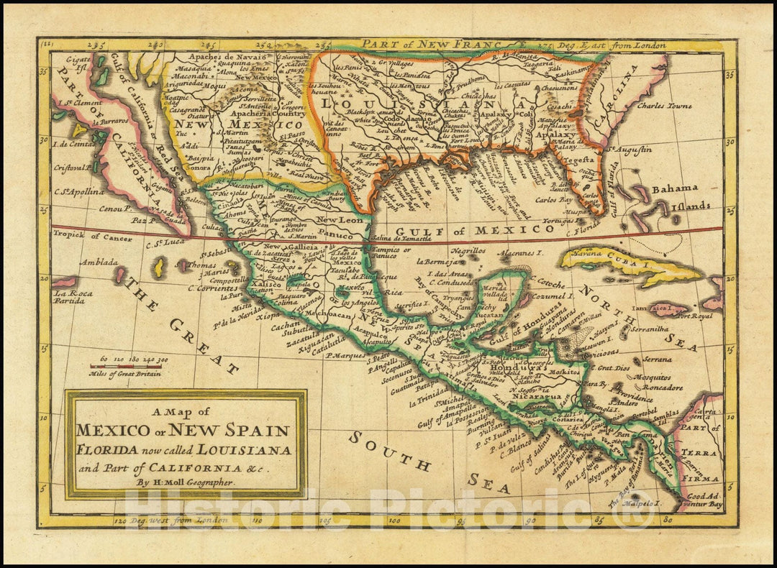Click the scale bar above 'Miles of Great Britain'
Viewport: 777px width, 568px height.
click(x=125, y=366)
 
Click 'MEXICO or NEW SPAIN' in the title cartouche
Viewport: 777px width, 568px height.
click(x=183, y=431)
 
